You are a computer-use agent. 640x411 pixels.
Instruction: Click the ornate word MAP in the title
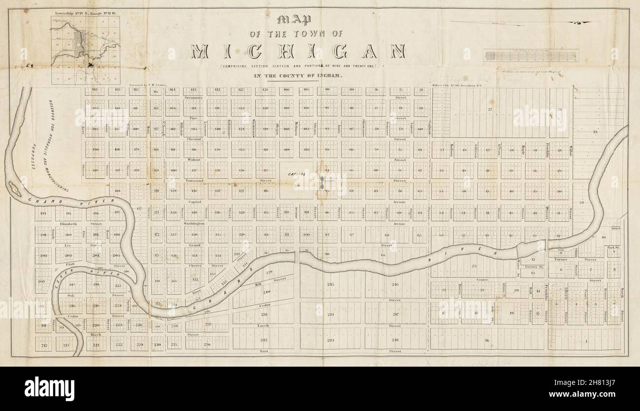[294, 20]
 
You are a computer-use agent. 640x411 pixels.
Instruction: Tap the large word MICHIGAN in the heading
[298, 51]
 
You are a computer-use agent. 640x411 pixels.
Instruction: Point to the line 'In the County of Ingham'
[298, 76]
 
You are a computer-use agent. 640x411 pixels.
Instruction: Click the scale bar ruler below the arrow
[531, 55]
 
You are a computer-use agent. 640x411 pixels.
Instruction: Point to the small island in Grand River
[15, 189]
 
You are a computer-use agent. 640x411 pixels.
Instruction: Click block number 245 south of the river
[330, 284]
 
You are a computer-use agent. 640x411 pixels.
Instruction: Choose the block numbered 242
[264, 340]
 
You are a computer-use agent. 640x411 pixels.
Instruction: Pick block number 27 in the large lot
[490, 109]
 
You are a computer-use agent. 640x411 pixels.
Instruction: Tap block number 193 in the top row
[95, 89]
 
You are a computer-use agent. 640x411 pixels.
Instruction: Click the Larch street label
[262, 326]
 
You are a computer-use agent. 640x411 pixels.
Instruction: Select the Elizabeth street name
[68, 224]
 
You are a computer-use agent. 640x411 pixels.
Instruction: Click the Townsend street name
[194, 181]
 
